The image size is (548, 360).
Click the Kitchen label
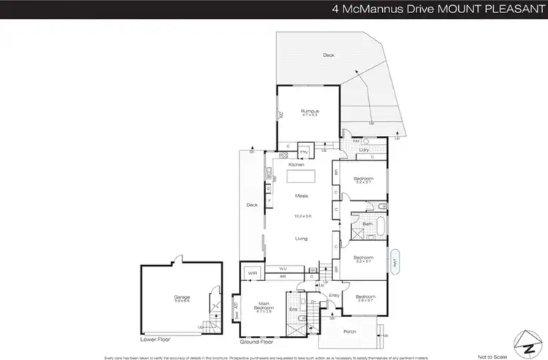coord(296,165)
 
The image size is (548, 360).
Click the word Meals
coord(301,196)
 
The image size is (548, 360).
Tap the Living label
coord(301,239)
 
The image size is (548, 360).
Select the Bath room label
coord(359,224)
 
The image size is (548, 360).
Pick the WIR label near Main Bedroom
coord(253,273)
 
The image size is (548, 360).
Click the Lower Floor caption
coord(155,340)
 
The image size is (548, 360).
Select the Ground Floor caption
coord(257,341)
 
